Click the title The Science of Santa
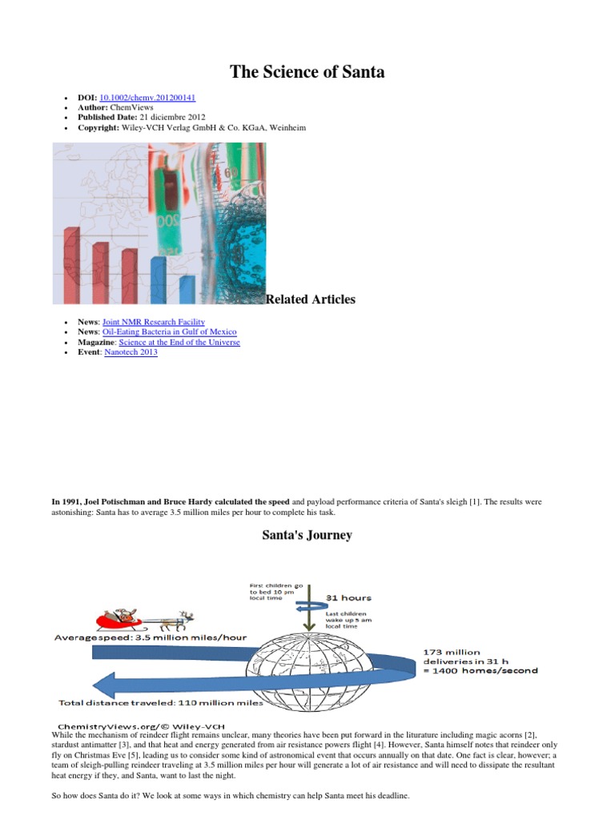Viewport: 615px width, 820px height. tap(307, 71)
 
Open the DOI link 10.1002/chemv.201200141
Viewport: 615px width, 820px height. tap(147, 98)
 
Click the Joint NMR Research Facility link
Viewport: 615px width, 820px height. tap(153, 322)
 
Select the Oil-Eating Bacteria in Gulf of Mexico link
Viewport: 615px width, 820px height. tap(170, 332)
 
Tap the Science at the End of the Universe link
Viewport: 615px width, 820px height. tap(179, 343)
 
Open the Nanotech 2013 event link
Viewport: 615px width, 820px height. tap(131, 352)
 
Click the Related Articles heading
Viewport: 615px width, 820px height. tap(311, 299)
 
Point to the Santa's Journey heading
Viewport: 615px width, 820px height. tap(307, 535)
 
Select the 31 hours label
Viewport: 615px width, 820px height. tap(349, 597)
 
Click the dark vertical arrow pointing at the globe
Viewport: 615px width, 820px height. tap(309, 608)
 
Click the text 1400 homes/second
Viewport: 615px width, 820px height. tap(484, 671)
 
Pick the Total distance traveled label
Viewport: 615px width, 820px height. tap(160, 703)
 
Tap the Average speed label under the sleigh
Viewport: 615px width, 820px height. tap(151, 637)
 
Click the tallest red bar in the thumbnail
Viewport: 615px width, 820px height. tap(72, 266)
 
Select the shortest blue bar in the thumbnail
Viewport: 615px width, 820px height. tap(187, 290)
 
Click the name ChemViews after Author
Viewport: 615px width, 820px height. tap(132, 108)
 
